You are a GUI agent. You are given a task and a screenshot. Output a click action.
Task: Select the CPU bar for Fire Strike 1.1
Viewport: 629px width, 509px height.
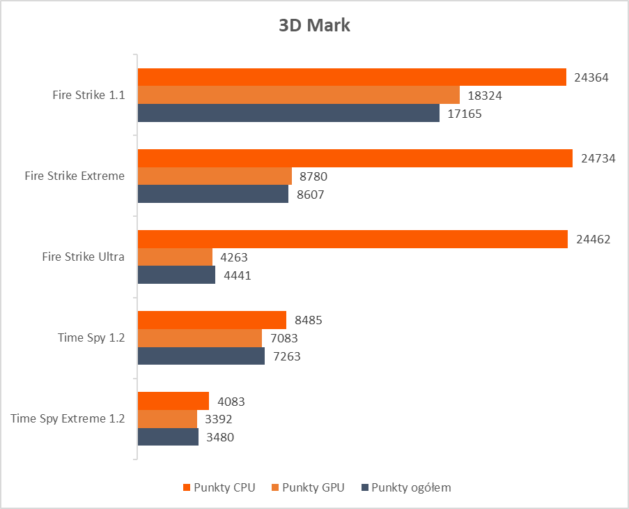pos(352,77)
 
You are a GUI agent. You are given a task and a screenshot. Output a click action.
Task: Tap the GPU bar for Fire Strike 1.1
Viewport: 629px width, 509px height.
pos(298,95)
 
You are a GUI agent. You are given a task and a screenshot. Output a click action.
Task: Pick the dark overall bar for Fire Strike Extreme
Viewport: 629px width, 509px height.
pos(212,195)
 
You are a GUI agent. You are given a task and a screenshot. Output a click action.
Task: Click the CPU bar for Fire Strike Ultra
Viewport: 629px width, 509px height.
pos(352,239)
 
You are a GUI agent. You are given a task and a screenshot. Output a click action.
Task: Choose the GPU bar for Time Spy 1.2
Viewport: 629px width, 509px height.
pos(199,338)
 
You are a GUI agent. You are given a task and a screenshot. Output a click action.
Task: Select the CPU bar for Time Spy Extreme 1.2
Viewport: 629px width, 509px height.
pos(173,401)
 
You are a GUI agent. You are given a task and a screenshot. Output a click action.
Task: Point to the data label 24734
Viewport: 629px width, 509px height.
pos(598,158)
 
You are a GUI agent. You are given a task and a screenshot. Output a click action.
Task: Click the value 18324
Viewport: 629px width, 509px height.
pos(485,96)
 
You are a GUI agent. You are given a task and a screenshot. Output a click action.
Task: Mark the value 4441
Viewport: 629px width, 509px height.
pos(237,275)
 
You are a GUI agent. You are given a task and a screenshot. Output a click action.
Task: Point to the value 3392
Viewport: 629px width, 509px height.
pos(218,419)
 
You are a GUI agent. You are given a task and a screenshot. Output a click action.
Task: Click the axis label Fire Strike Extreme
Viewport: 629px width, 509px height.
pos(75,176)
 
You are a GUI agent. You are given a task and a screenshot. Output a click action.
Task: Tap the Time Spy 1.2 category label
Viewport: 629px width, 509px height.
pos(91,337)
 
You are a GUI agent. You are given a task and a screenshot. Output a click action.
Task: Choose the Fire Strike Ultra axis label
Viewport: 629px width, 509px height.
pos(84,257)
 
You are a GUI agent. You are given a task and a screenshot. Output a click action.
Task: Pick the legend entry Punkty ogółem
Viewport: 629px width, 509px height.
pos(410,487)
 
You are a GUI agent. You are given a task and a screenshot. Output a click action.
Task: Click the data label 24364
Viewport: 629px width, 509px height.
pos(591,77)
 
